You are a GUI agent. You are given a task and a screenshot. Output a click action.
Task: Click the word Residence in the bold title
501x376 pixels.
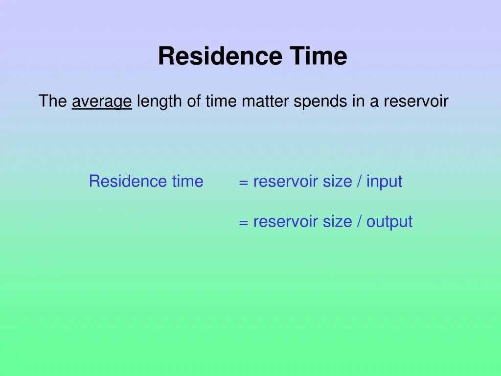220,56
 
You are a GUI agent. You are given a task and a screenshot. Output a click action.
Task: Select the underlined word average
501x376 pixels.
102,102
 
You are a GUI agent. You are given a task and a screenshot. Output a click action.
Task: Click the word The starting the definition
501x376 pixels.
53,101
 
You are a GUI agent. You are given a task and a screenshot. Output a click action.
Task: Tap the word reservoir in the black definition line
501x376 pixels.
416,101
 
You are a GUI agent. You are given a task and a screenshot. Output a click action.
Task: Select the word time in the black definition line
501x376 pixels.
221,101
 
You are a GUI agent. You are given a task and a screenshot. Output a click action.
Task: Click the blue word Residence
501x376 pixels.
122,182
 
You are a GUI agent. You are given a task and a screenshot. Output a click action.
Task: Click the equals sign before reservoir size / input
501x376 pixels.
243,183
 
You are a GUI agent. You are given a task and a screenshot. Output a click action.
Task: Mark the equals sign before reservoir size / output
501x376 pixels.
243,223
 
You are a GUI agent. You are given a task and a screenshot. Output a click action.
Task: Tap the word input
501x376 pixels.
384,182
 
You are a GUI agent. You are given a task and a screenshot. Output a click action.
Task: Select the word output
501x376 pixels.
389,222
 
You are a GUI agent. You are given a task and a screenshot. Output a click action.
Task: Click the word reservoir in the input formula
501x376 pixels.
286,182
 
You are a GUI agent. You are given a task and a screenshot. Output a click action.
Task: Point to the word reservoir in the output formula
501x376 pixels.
286,222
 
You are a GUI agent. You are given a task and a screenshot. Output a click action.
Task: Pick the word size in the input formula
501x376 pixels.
337,182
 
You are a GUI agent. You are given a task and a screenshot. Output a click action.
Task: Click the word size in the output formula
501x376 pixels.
337,222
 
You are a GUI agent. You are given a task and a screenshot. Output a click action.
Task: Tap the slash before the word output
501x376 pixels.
360,222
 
